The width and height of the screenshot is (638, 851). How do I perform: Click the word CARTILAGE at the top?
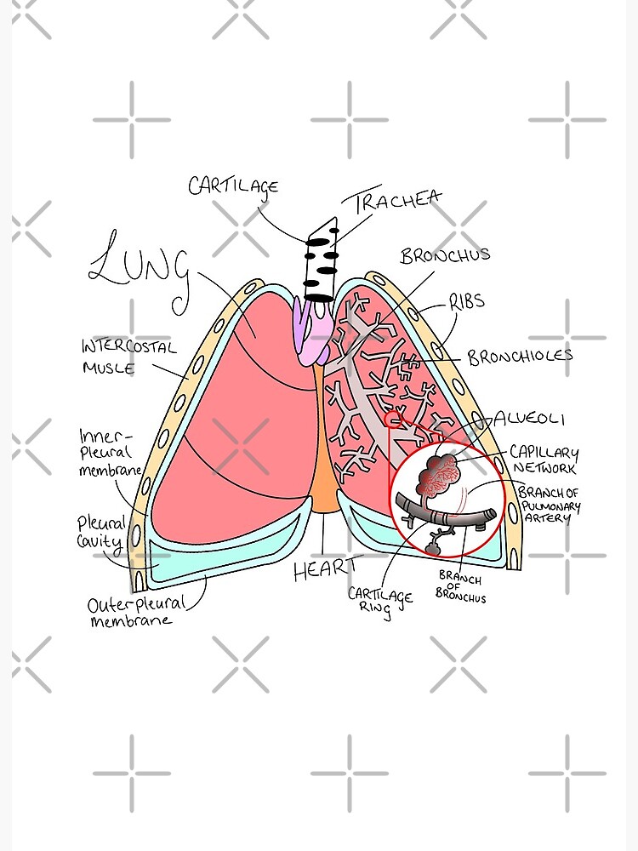(x=233, y=185)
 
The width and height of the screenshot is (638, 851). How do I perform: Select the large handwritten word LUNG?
(x=140, y=266)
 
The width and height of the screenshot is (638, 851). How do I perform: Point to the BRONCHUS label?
(x=445, y=255)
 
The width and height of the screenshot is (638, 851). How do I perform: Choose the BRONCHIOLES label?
(x=520, y=357)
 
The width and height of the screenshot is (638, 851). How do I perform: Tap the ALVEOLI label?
(x=529, y=420)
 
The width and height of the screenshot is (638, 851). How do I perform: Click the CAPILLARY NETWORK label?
(x=544, y=460)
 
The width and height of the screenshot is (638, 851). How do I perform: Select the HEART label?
(x=328, y=569)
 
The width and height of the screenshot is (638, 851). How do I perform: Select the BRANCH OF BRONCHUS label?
(x=460, y=588)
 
